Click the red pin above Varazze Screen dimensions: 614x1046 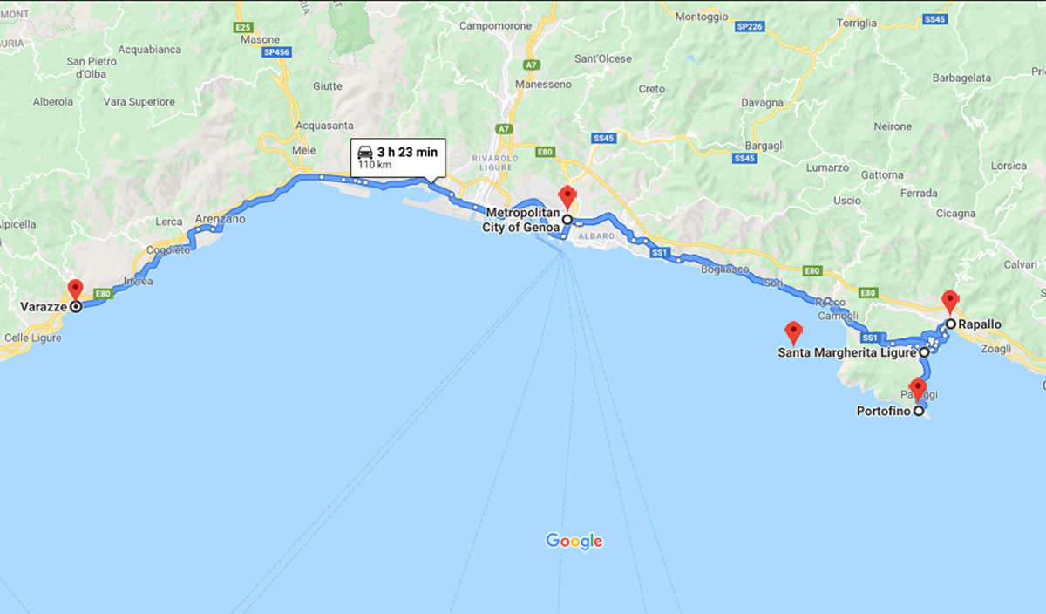(x=75, y=290)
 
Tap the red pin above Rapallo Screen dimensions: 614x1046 (x=950, y=302)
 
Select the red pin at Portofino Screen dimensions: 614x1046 (x=918, y=388)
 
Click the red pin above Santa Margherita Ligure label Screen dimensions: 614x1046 (x=793, y=331)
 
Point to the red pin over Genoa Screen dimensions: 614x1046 (x=567, y=196)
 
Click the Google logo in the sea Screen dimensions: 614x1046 (x=574, y=541)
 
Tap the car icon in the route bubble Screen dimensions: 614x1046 (x=365, y=152)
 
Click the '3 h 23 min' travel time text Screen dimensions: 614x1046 (x=407, y=152)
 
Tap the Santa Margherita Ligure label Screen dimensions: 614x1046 (x=846, y=353)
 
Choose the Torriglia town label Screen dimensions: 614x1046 (x=856, y=24)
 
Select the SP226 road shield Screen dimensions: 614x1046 (x=749, y=27)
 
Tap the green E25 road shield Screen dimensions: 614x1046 (x=244, y=28)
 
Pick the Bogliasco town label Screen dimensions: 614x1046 (x=725, y=269)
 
